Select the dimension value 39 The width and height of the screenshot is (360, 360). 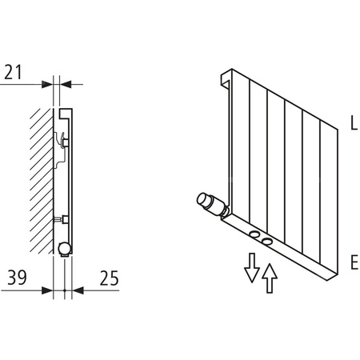[x=16, y=278]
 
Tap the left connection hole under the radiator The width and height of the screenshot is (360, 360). [x=252, y=234]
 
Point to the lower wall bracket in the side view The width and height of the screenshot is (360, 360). [x=64, y=218]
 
